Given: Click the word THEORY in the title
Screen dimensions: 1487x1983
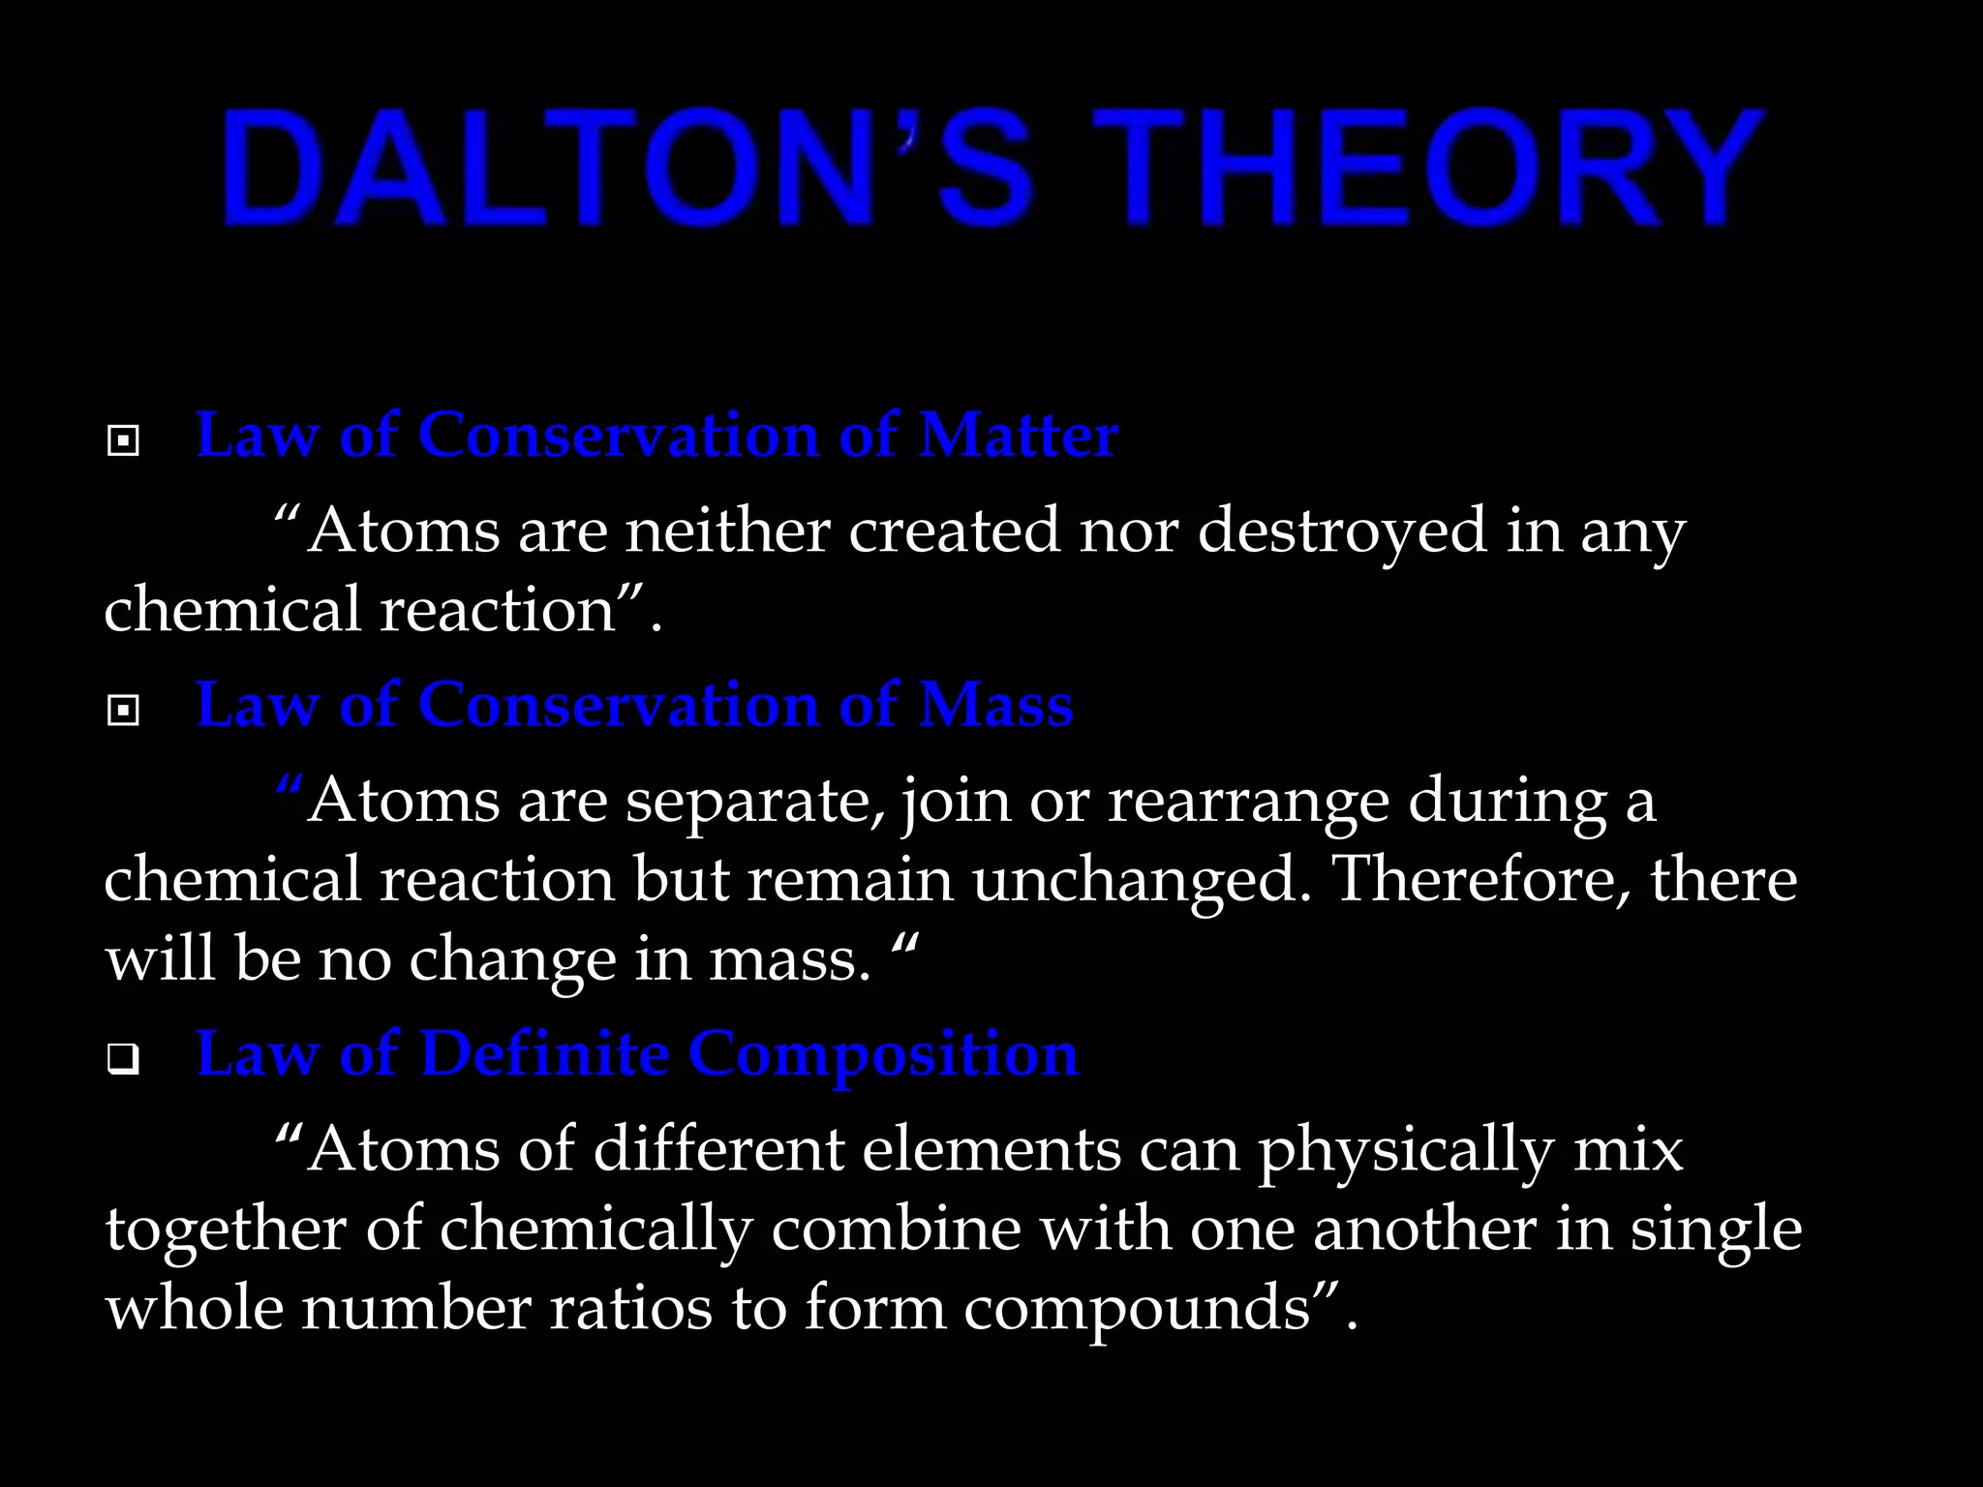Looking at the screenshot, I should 1427,168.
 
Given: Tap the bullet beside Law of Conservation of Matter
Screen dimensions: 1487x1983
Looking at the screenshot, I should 123,441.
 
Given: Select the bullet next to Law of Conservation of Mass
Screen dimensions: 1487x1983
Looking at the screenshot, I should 123,712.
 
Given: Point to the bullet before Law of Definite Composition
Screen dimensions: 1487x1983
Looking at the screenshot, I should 123,1060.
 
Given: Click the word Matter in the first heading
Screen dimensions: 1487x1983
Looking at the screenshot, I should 1019,435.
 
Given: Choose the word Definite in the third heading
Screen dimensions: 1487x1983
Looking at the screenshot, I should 544,1053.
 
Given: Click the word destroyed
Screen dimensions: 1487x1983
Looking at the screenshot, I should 1342,531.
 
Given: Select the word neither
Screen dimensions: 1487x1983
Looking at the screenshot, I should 727,531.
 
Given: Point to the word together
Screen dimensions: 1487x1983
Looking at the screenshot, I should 226,1230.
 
